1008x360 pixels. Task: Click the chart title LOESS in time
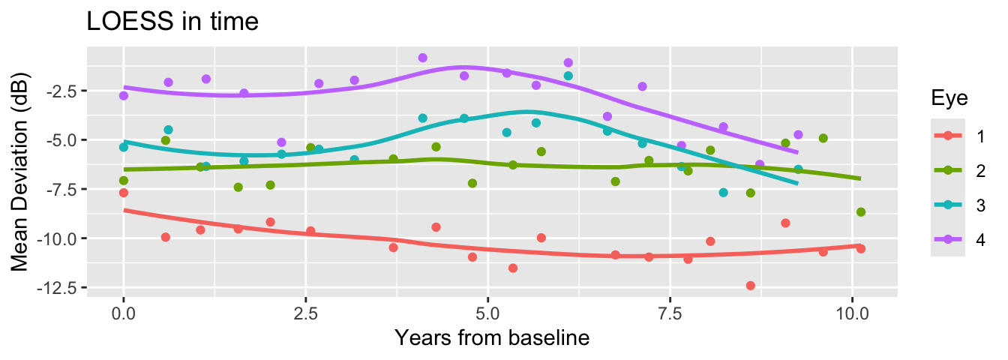tap(173, 22)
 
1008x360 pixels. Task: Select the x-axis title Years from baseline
tap(492, 338)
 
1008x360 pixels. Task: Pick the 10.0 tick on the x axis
tap(853, 311)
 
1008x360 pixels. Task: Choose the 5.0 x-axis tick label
tap(487, 311)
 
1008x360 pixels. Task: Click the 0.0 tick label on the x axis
tap(124, 311)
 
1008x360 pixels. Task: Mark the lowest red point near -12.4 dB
tap(750, 286)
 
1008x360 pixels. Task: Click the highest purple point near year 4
tap(422, 58)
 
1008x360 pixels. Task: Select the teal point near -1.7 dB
tap(568, 76)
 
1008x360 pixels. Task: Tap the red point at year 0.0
tap(124, 193)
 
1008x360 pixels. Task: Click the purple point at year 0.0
tap(124, 96)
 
